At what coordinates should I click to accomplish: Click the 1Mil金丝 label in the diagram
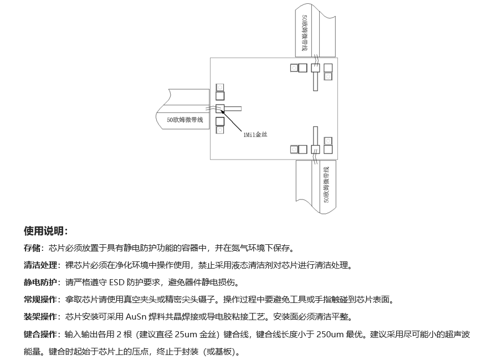[x=255, y=133]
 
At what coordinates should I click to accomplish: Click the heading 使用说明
[x=45, y=231]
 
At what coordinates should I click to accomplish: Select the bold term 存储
[x=32, y=248]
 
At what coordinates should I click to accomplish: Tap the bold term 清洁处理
[x=40, y=265]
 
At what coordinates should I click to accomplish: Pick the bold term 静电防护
[x=40, y=282]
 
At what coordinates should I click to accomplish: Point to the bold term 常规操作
[x=40, y=300]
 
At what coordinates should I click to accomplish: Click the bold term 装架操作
[x=40, y=317]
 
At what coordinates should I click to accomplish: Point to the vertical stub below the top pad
[x=315, y=81]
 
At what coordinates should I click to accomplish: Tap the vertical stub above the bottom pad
[x=315, y=136]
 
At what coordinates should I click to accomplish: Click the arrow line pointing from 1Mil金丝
[x=232, y=120]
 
